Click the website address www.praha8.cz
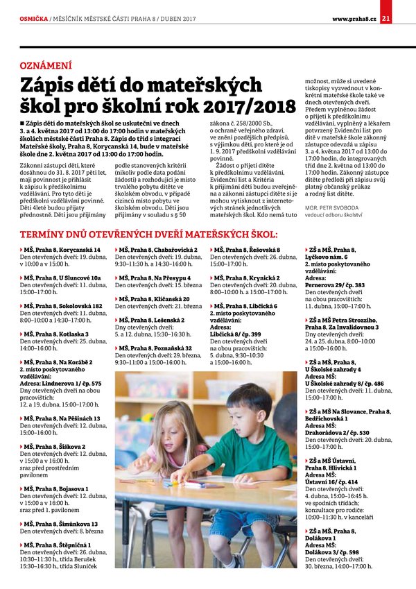point(354,8)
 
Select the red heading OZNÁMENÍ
point(46,65)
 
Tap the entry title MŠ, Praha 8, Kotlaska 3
point(58,334)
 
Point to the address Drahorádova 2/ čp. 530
point(336,432)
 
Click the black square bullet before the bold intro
point(22,123)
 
